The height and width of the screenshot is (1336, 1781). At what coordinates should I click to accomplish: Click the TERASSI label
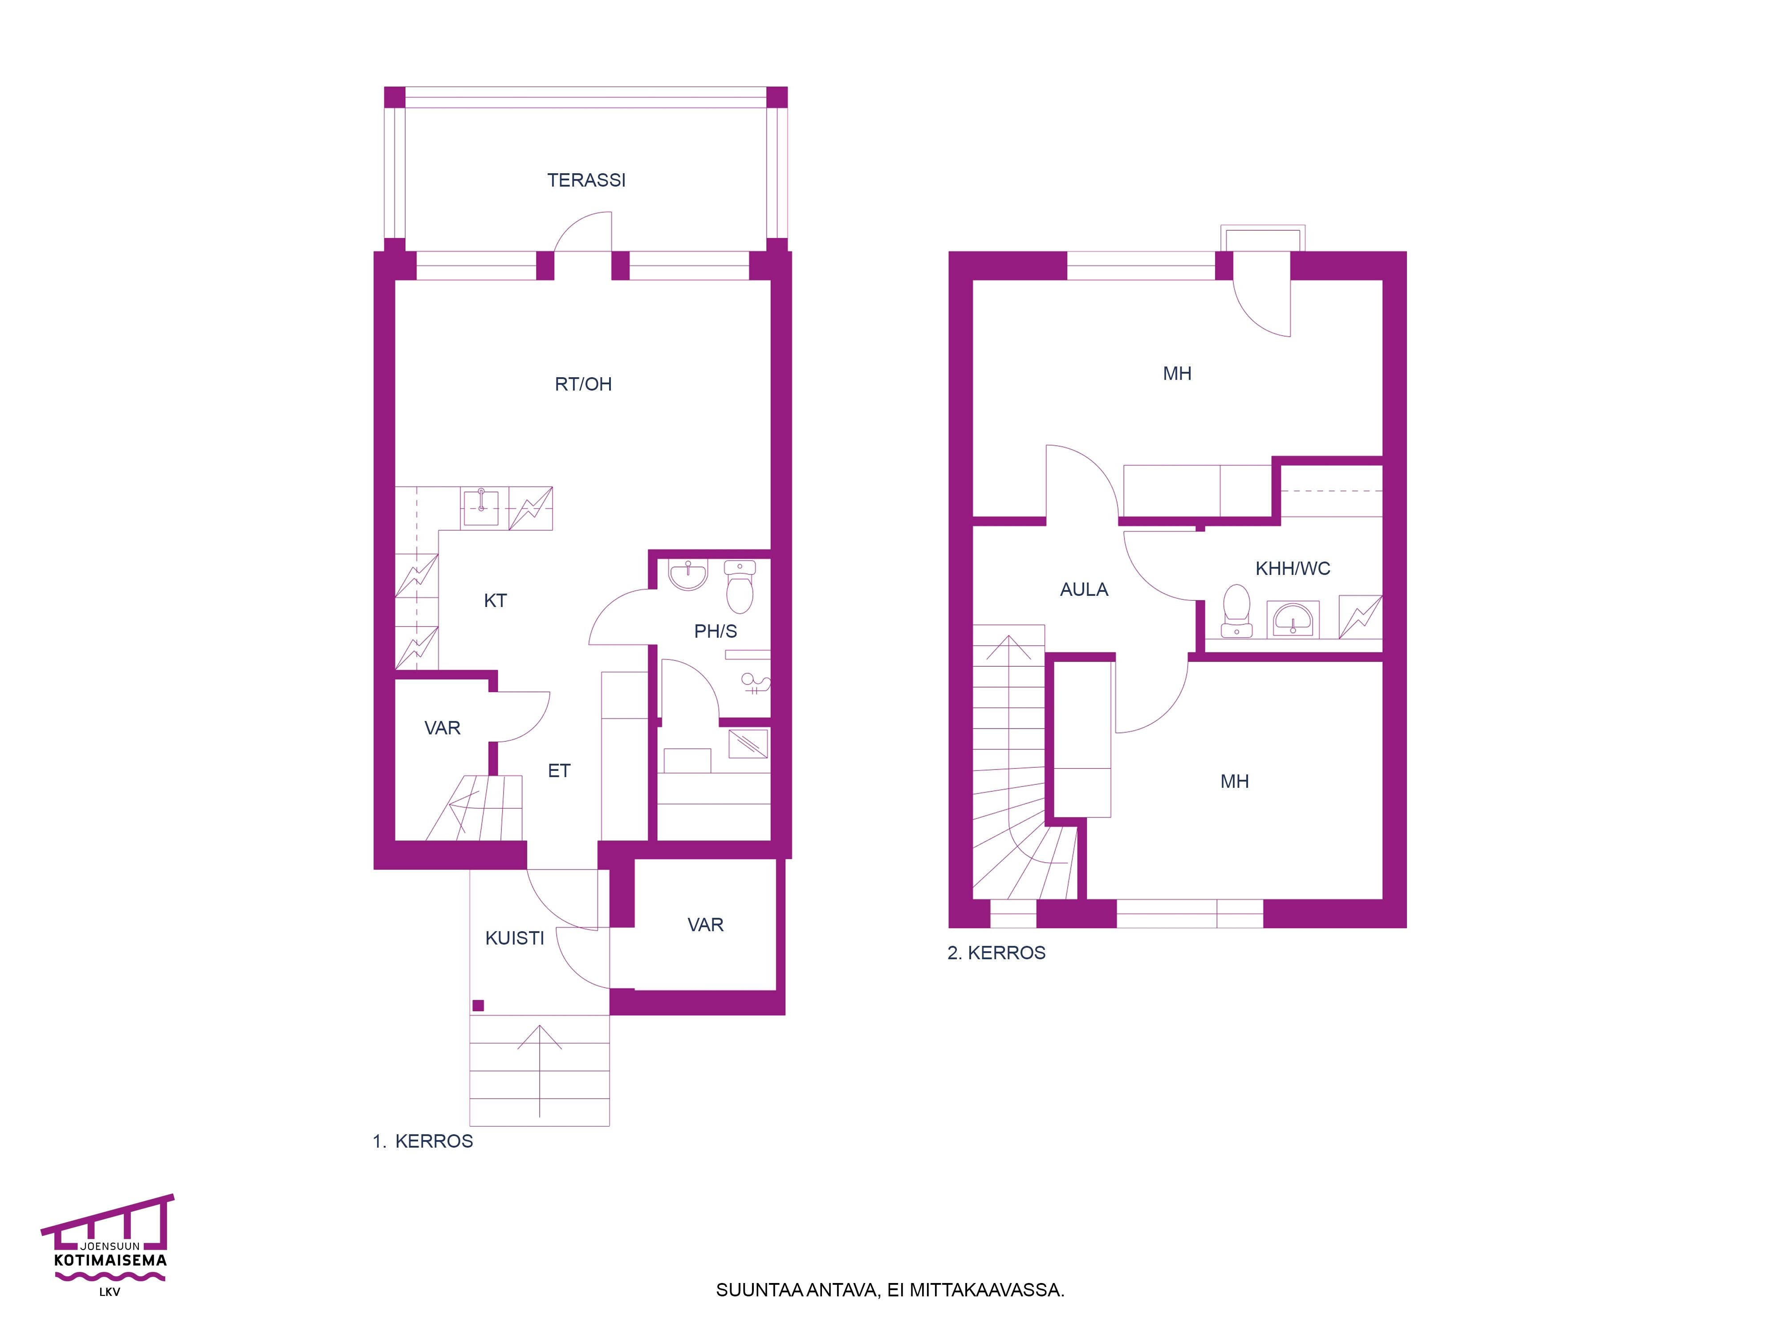tap(586, 180)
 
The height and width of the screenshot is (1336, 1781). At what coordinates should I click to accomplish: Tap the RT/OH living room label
tap(583, 384)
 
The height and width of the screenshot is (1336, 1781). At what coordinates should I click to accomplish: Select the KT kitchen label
tap(495, 601)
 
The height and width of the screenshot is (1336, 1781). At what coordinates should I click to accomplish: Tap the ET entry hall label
tap(559, 771)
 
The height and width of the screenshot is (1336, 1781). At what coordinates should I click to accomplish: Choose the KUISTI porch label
tap(515, 938)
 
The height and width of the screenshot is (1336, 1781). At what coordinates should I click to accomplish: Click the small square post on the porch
tap(478, 1005)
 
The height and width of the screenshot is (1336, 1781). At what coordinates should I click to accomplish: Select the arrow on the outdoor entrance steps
tap(540, 1073)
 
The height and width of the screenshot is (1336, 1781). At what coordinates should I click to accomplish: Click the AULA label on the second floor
tap(1084, 590)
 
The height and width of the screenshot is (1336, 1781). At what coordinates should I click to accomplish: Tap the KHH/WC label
tap(1292, 569)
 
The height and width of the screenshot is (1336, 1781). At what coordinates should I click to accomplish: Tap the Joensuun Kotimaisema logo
tap(108, 1245)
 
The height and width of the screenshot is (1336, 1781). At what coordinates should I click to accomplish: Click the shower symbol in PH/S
tap(755, 684)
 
